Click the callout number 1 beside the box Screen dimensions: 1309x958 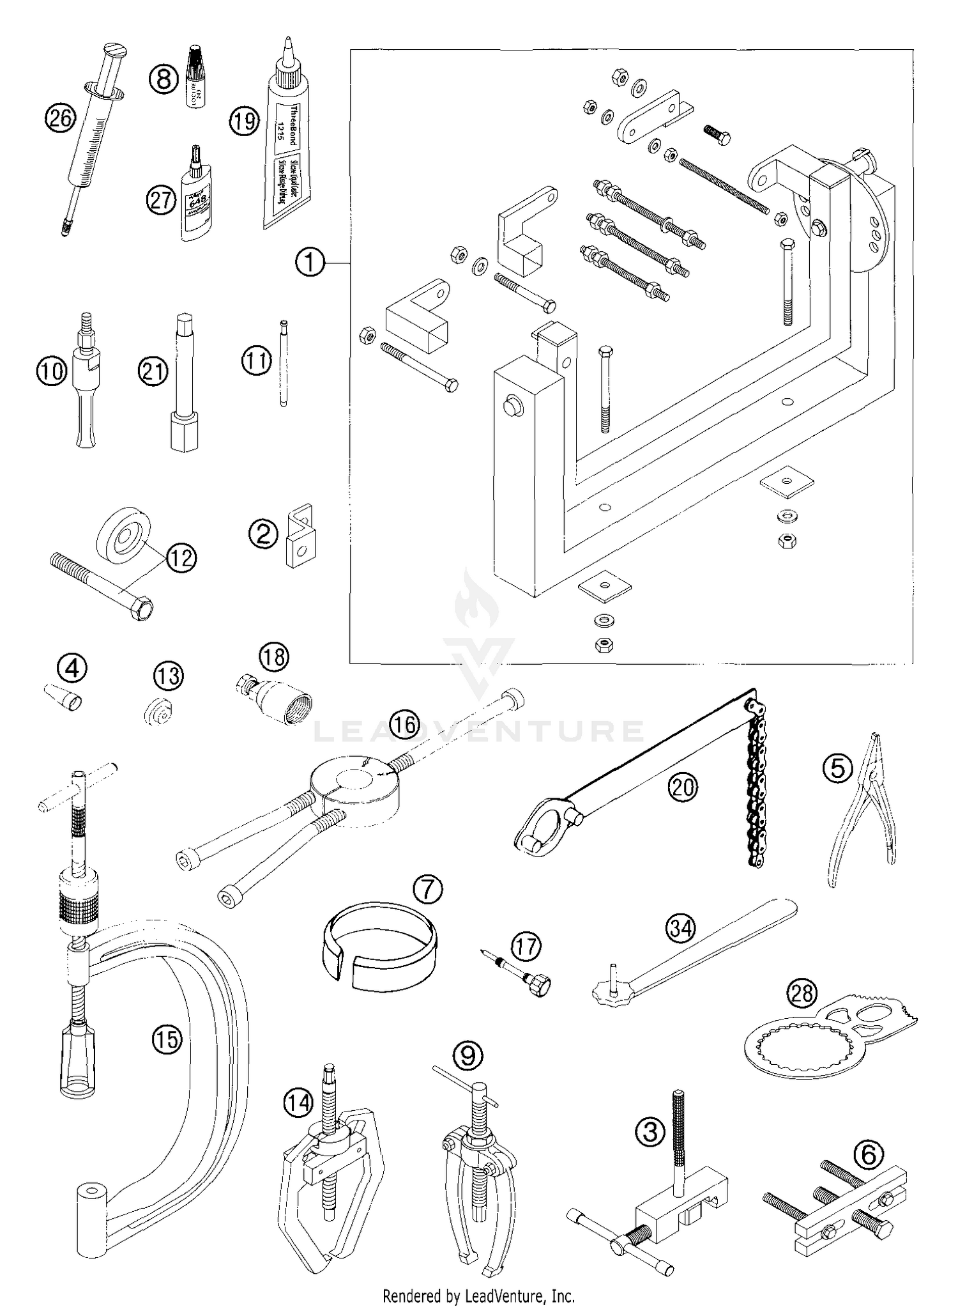tap(310, 262)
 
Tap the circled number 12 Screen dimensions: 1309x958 tap(181, 558)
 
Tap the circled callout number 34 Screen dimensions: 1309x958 tap(681, 927)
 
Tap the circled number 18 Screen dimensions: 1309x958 tap(273, 657)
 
